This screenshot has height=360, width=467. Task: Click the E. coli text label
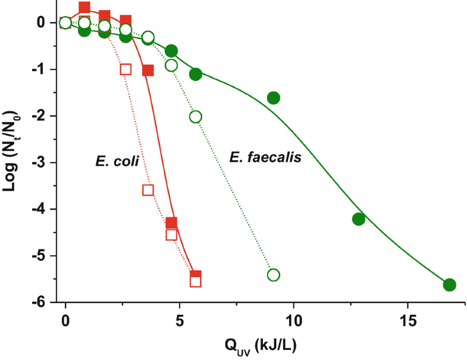[117, 161]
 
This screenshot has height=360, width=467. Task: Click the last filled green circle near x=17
[449, 284]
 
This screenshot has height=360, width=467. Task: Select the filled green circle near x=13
[358, 218]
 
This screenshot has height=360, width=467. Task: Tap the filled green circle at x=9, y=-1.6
[274, 98]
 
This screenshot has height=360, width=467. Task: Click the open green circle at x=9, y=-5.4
[274, 274]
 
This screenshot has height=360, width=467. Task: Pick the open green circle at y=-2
[195, 116]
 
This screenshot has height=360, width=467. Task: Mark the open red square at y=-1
[126, 69]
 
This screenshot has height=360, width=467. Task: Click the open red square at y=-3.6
[148, 190]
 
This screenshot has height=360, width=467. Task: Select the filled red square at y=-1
[148, 70]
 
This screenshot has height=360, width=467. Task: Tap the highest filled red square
[84, 8]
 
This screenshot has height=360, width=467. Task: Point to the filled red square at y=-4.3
[171, 223]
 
